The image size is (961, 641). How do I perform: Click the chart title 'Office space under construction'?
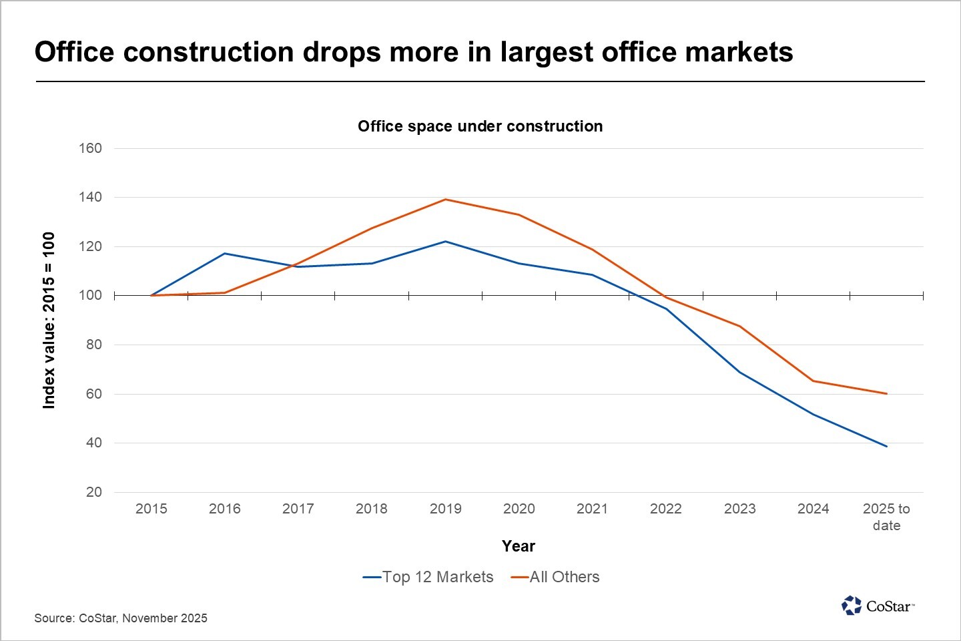[480, 126]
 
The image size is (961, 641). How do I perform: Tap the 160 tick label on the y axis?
[90, 148]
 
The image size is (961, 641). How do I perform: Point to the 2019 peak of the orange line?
[445, 200]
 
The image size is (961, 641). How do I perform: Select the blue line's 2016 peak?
[225, 254]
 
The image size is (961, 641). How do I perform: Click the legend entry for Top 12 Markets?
[428, 577]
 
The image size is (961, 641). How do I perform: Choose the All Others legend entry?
[556, 577]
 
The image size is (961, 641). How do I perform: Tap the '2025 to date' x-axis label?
[886, 517]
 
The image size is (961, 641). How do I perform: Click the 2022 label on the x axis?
[665, 509]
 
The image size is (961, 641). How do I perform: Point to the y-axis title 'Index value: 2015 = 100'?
[49, 320]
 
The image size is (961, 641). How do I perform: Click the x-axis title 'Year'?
[519, 546]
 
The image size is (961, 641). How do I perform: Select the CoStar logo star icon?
[852, 606]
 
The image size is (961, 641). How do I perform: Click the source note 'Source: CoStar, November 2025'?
[121, 618]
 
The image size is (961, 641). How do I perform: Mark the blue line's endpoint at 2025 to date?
[886, 446]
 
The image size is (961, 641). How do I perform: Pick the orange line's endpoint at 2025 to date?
[886, 393]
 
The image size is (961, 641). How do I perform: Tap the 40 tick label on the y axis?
[93, 443]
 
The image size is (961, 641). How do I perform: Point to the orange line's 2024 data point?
[813, 381]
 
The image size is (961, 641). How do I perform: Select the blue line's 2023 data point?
[739, 372]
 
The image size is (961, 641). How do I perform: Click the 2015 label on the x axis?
[151, 509]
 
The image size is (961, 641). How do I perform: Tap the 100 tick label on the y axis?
[90, 295]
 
